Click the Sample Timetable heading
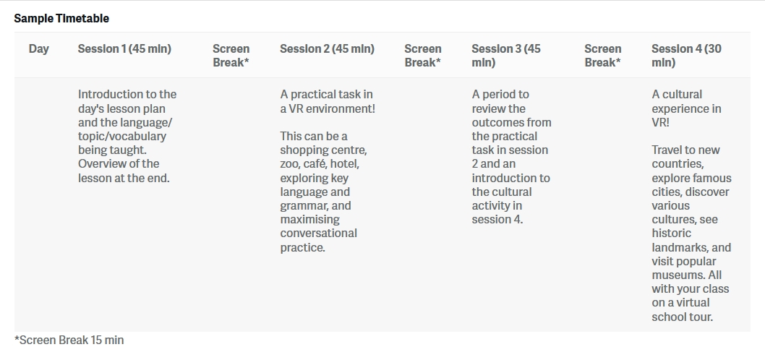pyautogui.click(x=61, y=19)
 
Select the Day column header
pyautogui.click(x=38, y=48)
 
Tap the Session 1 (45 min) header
pyautogui.click(x=124, y=48)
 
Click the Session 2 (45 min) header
pyautogui.click(x=327, y=48)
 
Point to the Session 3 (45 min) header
pyautogui.click(x=506, y=56)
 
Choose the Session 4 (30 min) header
pyautogui.click(x=686, y=56)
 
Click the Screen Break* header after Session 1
pyautogui.click(x=231, y=56)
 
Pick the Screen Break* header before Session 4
pyautogui.click(x=603, y=56)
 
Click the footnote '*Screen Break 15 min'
pyautogui.click(x=69, y=340)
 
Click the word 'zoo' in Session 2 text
pyautogui.click(x=289, y=164)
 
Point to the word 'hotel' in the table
pyautogui.click(x=345, y=163)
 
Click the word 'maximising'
pyautogui.click(x=309, y=220)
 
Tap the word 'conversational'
pyautogui.click(x=319, y=233)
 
